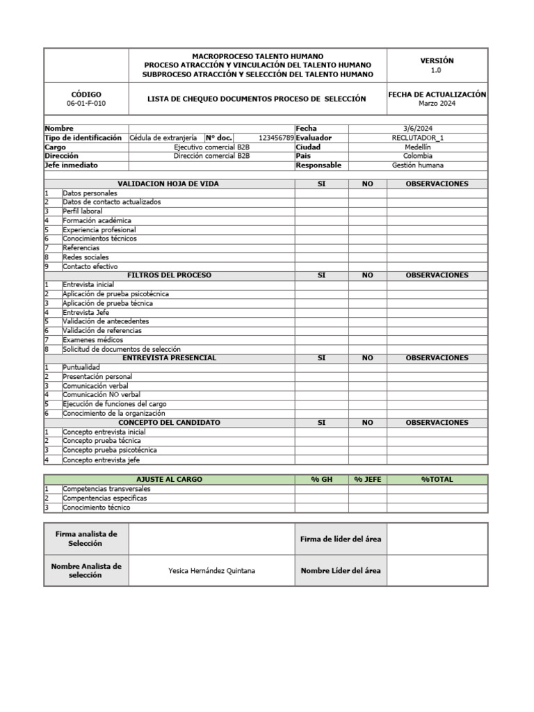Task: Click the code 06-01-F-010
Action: point(86,104)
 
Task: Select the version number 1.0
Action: point(437,70)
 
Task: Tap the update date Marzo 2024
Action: point(437,104)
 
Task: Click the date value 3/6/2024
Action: point(417,129)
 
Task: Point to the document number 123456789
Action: point(276,138)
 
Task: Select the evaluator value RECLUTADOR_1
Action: point(417,138)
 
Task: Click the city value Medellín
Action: point(417,147)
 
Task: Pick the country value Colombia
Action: point(417,156)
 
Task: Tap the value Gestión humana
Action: point(417,165)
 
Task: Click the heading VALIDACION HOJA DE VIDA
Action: point(169,184)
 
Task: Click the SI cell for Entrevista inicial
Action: point(321,284)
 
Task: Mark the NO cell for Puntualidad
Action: point(367,367)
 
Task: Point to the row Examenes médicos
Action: point(93,340)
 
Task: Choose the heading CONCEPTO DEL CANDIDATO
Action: point(169,422)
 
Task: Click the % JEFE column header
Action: point(367,480)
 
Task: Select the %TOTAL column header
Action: point(437,480)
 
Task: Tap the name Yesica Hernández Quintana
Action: point(211,571)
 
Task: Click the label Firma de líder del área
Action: point(340,539)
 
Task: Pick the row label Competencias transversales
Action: point(106,489)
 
